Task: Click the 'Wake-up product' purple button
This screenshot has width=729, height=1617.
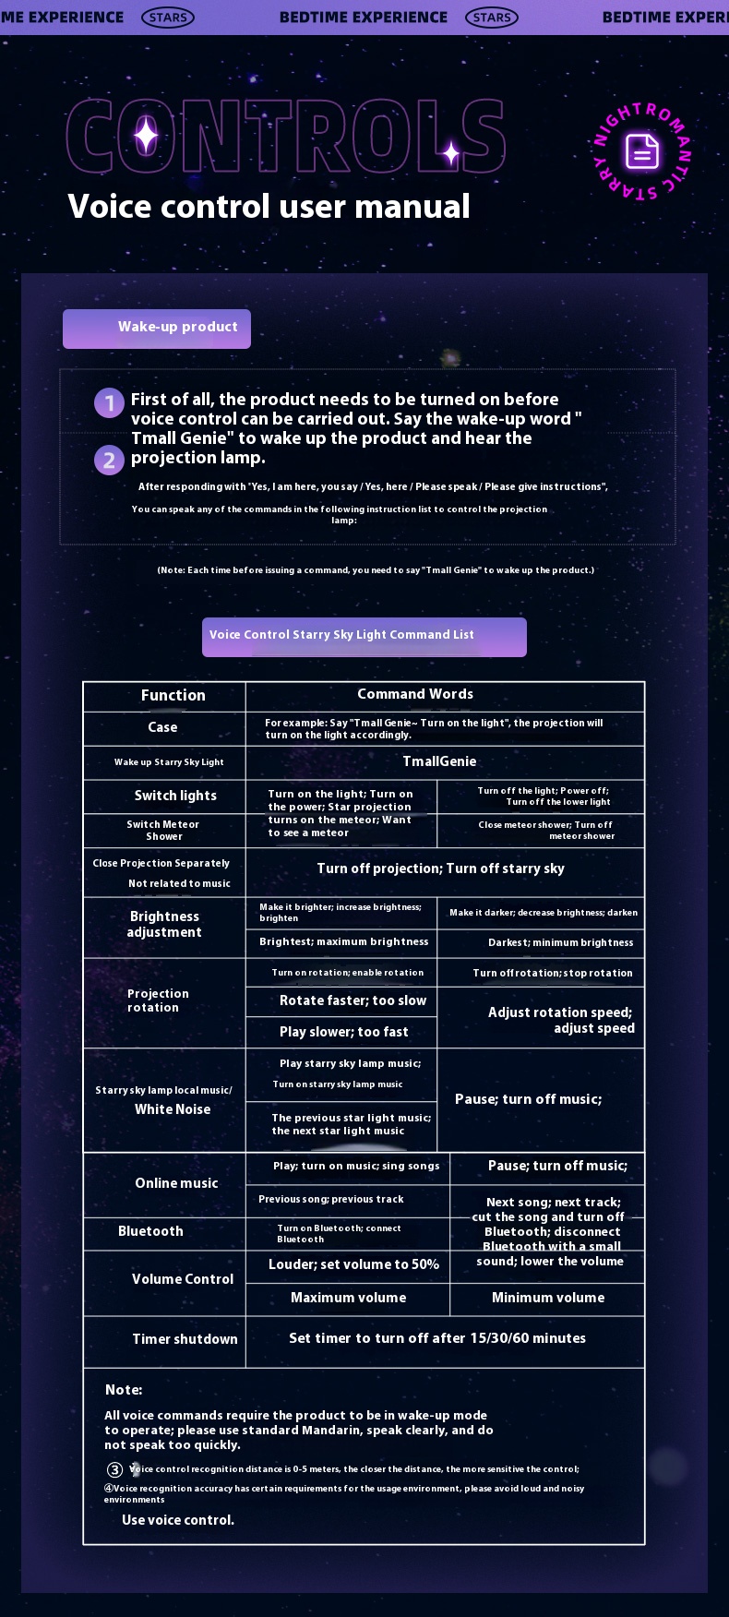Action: click(x=157, y=329)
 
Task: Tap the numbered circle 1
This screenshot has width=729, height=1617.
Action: click(x=109, y=402)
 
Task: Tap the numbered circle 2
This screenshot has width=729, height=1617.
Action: click(x=109, y=460)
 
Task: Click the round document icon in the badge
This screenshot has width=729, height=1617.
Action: click(x=641, y=151)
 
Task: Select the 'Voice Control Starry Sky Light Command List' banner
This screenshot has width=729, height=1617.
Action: click(x=364, y=637)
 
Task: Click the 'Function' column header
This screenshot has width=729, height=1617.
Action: click(x=173, y=696)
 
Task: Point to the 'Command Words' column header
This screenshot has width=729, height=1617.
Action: click(x=415, y=694)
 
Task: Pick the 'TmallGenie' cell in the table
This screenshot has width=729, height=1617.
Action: click(x=439, y=761)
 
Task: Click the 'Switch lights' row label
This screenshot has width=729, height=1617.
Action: click(x=175, y=796)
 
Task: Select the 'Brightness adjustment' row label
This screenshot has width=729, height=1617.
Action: click(x=164, y=924)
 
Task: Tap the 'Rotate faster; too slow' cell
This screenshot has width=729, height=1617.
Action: click(x=353, y=1000)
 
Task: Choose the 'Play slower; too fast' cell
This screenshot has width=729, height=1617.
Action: click(x=343, y=1032)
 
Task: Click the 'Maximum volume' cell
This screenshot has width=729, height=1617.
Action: click(x=348, y=1298)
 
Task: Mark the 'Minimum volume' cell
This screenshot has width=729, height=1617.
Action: click(x=548, y=1298)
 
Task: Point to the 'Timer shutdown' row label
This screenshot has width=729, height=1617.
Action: click(x=185, y=1339)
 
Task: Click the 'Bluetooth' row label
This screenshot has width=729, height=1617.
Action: click(x=150, y=1231)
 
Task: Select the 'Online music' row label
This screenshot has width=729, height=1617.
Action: click(x=176, y=1183)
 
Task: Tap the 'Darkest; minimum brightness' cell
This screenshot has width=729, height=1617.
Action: click(x=560, y=943)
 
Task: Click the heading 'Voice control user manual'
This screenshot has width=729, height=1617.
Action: click(x=269, y=206)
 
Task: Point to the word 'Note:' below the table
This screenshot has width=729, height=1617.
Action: click(x=124, y=1390)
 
